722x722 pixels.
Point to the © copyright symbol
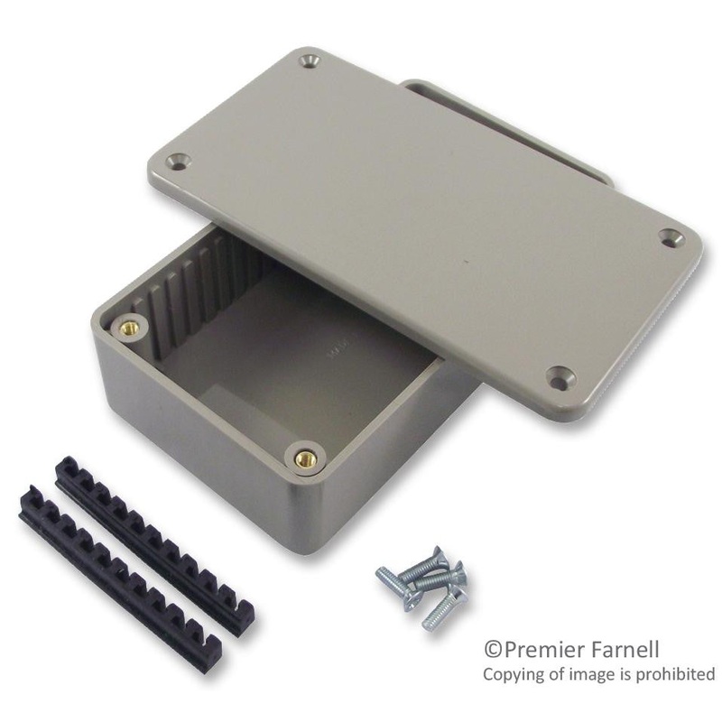click(493, 650)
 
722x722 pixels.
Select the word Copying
click(512, 675)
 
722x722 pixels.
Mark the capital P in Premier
click(507, 649)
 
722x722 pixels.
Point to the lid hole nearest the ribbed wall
click(178, 162)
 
